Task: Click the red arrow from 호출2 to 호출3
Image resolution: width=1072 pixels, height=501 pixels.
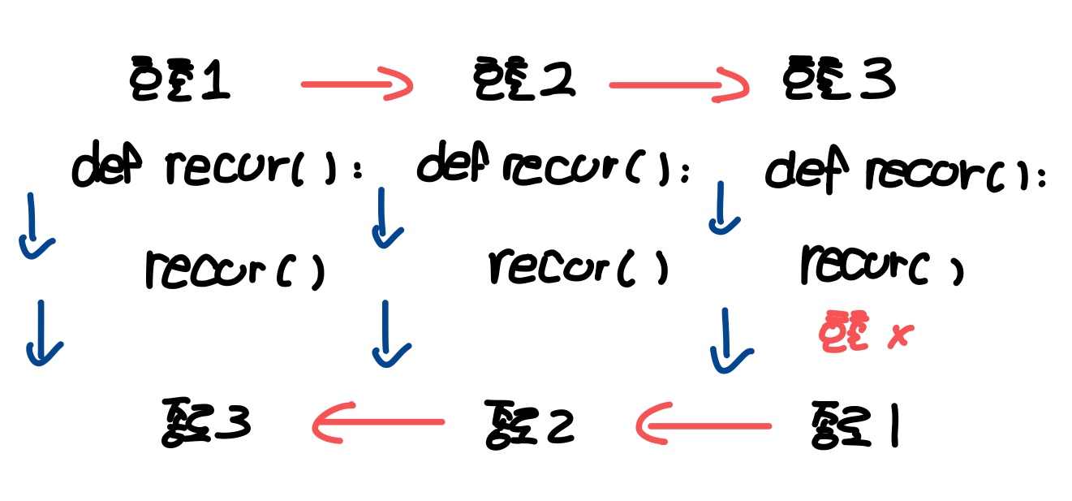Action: coord(678,85)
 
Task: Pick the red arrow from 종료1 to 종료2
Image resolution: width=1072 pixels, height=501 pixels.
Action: coord(703,425)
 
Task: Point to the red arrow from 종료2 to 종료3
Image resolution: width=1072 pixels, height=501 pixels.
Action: coord(377,422)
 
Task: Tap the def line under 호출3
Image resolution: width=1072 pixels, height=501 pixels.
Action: coord(905,172)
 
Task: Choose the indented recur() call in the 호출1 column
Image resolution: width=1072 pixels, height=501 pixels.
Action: coord(235,270)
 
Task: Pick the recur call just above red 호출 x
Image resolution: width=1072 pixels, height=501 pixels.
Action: coord(881,265)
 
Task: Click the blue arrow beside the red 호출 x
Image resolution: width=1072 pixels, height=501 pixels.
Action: coord(730,340)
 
